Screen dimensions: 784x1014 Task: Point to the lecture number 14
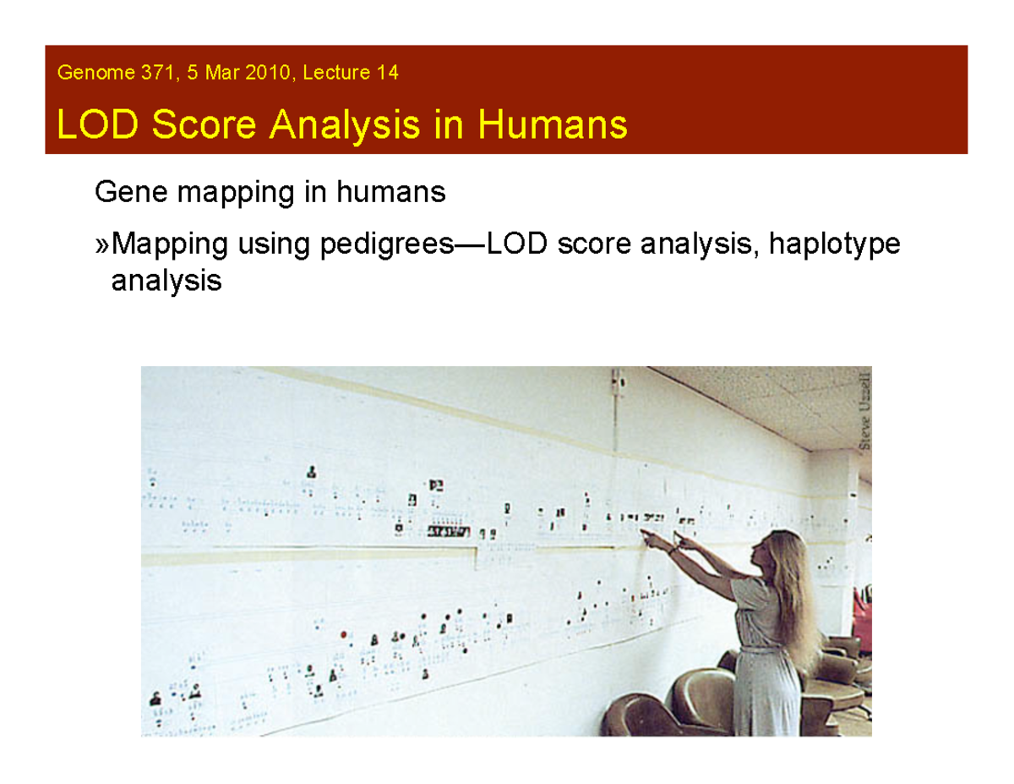(388, 74)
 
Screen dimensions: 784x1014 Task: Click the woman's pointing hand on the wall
(647, 535)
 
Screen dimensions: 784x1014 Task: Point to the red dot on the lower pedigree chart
(344, 633)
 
